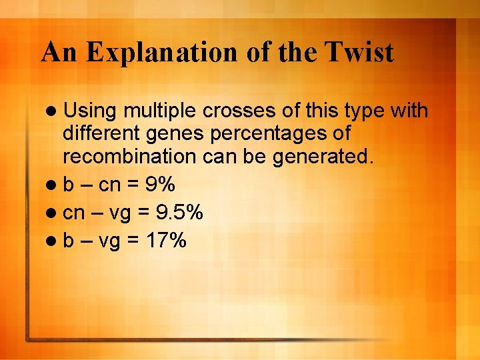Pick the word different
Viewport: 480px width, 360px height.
click(99, 133)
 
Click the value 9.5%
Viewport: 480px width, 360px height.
click(179, 213)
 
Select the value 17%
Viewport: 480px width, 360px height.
click(167, 239)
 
